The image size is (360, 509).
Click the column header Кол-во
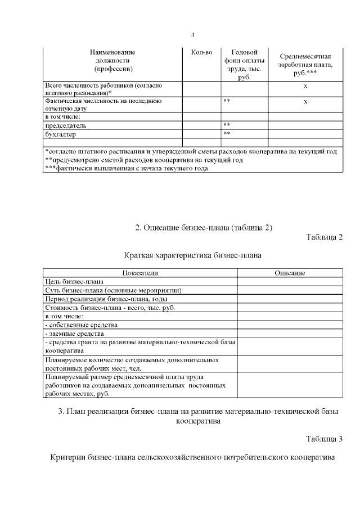click(201, 52)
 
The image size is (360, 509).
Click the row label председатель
click(66, 125)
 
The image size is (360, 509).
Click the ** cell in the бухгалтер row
click(227, 134)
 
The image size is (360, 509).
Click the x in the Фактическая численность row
click(305, 102)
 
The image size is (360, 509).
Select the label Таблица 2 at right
click(325, 236)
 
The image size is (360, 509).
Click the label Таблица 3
click(325, 438)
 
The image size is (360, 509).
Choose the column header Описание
click(290, 273)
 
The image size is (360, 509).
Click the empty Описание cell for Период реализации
click(290, 299)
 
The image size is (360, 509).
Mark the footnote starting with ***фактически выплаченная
click(124, 169)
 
